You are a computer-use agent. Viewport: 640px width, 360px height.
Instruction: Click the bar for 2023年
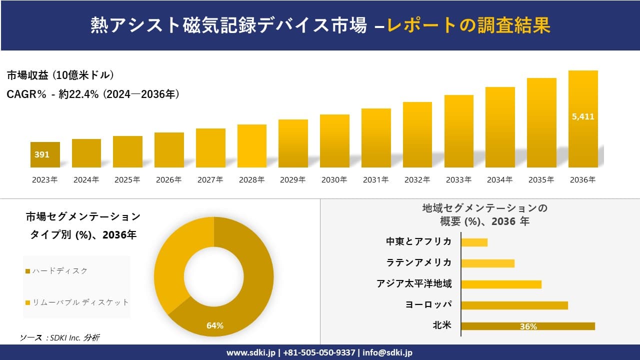click(x=45, y=155)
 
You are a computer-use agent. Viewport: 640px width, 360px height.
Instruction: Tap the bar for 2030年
click(x=334, y=141)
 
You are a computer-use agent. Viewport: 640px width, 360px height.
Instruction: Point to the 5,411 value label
click(x=583, y=116)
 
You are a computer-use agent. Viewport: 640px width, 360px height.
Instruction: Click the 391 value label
click(x=42, y=155)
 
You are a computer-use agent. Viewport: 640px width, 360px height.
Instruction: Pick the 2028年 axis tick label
click(x=251, y=180)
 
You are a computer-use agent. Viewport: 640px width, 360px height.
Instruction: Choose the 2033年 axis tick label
click(x=458, y=180)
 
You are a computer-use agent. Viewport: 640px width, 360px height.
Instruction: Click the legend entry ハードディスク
click(x=56, y=271)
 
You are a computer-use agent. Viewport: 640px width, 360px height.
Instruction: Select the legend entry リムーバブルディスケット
click(x=77, y=302)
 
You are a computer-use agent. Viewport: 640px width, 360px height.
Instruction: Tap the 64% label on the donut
click(x=215, y=326)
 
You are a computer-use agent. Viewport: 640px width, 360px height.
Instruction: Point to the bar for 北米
click(x=527, y=326)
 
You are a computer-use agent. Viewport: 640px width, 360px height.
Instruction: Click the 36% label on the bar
click(x=528, y=326)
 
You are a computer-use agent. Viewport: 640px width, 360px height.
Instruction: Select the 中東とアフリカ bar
click(x=474, y=242)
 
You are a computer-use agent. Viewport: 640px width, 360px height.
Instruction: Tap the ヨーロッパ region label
click(x=428, y=304)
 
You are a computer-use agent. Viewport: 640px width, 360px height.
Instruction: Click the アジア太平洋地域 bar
click(x=501, y=284)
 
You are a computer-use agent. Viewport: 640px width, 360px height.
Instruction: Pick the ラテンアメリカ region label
click(x=419, y=262)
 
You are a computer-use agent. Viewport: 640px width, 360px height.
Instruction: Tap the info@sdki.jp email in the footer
click(x=388, y=352)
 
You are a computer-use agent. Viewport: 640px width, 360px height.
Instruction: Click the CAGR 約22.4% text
click(x=93, y=94)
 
